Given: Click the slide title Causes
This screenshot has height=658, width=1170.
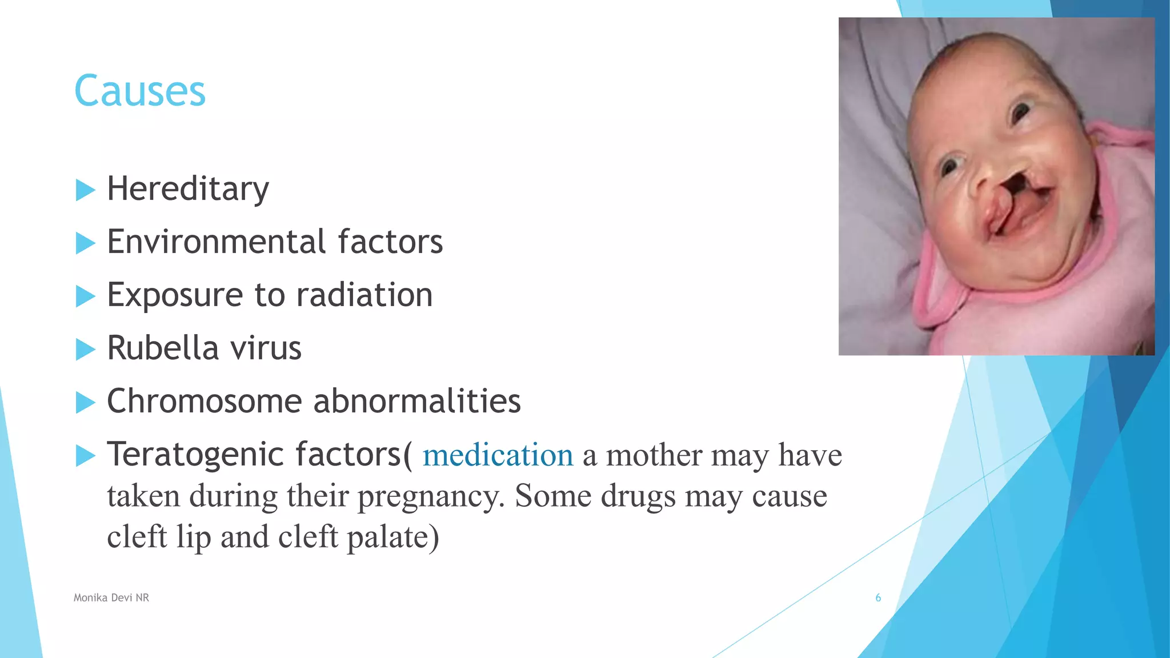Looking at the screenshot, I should point(140,91).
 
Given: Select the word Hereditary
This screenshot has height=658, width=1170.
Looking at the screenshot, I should point(188,189).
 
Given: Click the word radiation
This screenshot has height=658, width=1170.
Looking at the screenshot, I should point(364,295).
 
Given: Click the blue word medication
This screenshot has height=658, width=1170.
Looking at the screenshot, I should point(498,455).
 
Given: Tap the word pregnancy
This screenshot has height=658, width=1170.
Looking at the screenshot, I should point(431,496).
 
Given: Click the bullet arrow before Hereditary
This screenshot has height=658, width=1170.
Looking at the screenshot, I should point(85,190).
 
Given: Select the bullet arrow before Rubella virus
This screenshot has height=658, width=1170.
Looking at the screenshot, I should point(85,349).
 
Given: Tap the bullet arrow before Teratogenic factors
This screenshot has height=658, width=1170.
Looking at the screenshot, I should point(85,456).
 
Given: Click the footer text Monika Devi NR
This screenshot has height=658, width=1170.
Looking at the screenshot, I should point(111,597).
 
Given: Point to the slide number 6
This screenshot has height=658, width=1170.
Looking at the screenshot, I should point(878,597).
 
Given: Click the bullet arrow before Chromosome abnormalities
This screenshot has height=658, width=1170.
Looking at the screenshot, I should point(85,402).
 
